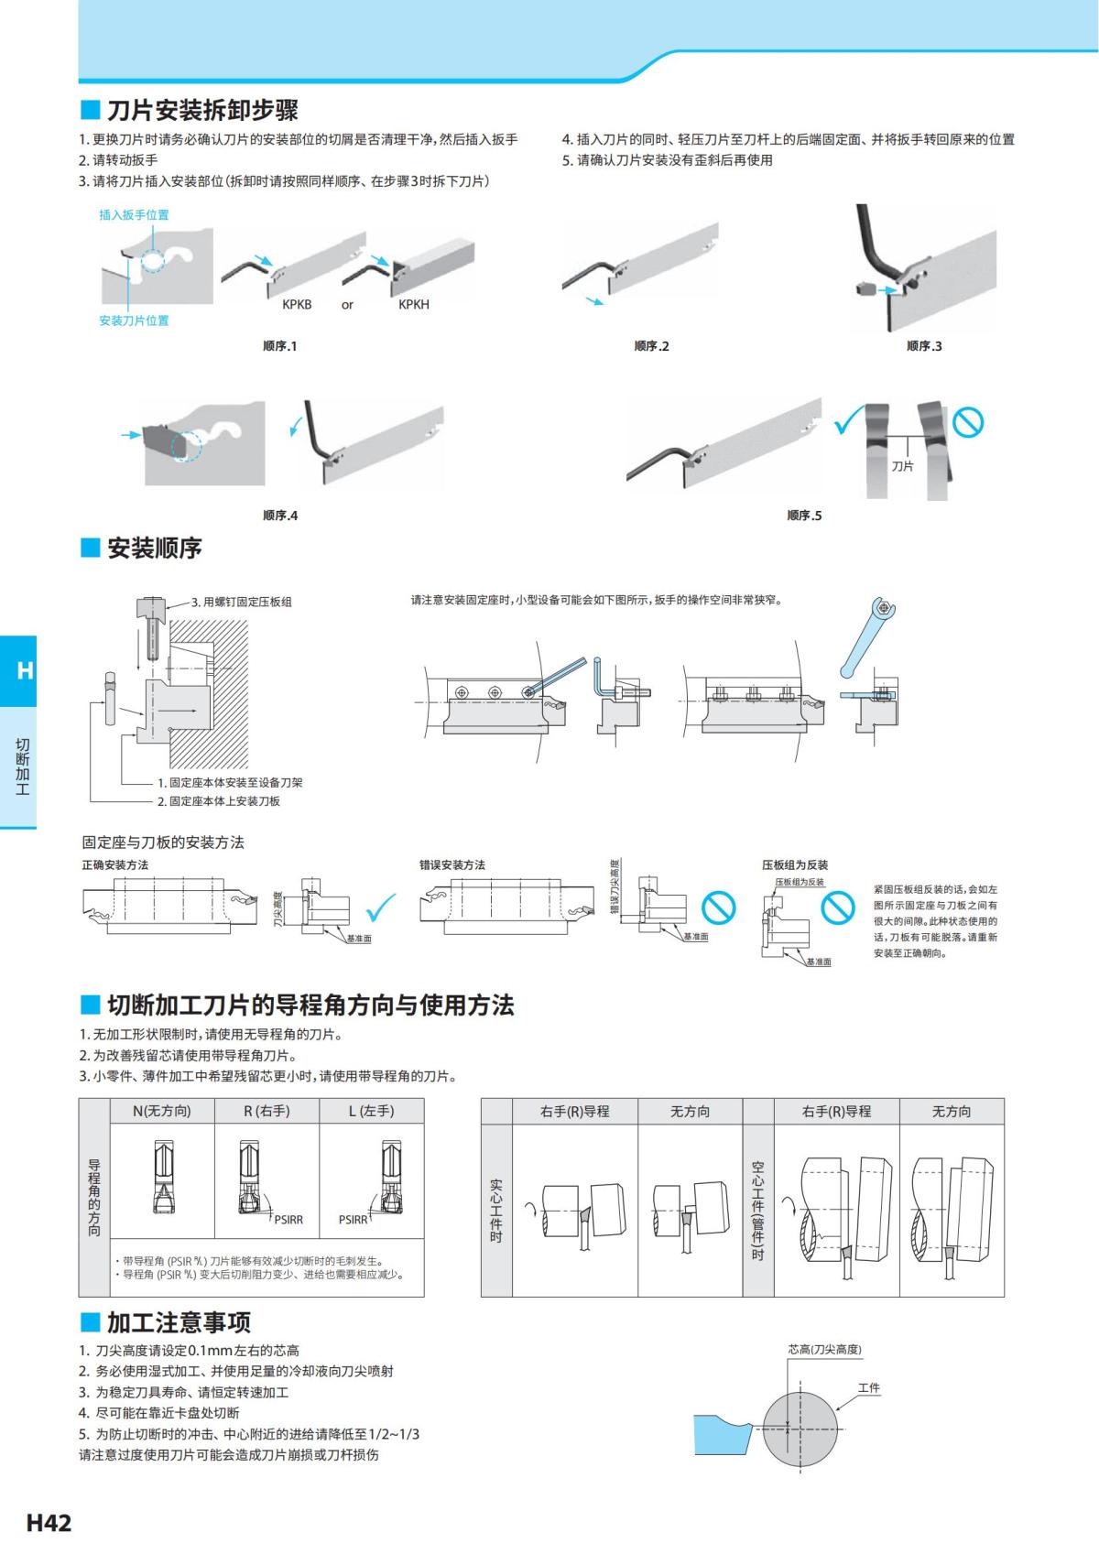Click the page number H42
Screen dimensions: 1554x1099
tap(49, 1524)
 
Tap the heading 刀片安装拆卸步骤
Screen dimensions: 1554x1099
tap(201, 111)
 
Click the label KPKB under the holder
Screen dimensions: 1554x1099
tap(296, 305)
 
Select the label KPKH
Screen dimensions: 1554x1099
tap(413, 305)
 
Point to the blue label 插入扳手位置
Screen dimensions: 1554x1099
tap(134, 214)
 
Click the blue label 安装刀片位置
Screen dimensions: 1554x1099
tap(134, 321)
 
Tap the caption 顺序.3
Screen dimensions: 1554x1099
tap(923, 346)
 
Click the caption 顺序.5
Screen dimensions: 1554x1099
tap(804, 516)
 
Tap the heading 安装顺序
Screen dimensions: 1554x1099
tap(154, 549)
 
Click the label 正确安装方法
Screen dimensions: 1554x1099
tap(115, 864)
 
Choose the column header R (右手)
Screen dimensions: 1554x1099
tap(267, 1111)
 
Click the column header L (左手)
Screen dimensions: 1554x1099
tap(371, 1111)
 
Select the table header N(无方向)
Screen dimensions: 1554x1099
tap(162, 1111)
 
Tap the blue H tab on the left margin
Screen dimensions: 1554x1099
tap(24, 670)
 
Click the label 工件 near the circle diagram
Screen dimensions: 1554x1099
tap(868, 1387)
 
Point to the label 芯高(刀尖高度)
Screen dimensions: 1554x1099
tap(824, 1349)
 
